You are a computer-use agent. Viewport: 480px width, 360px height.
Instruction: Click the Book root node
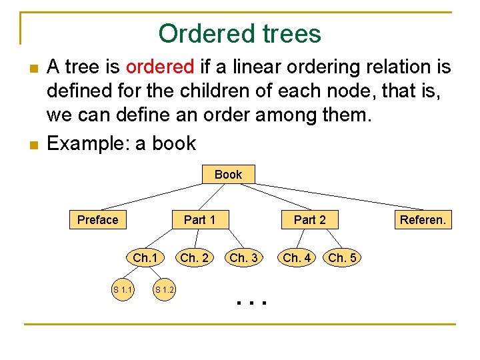point(228,175)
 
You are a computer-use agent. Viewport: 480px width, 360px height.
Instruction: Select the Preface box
point(97,220)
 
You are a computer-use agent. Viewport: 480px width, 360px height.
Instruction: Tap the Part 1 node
point(199,220)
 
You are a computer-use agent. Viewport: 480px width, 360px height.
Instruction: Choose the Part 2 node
point(310,220)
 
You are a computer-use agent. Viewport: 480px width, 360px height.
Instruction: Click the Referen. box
point(423,220)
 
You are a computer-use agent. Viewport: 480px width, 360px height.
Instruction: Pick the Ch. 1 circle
point(145,258)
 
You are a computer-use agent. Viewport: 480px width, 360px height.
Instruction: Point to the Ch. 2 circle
point(194,258)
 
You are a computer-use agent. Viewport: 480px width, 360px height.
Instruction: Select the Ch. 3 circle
point(243,258)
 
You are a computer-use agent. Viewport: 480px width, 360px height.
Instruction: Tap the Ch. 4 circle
point(297,258)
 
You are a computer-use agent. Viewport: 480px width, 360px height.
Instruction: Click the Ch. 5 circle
point(342,258)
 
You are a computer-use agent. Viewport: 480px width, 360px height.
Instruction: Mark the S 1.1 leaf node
point(123,289)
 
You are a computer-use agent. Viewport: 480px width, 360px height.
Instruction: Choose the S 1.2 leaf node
point(164,289)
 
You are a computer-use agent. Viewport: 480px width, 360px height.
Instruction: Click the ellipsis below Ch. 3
point(251,303)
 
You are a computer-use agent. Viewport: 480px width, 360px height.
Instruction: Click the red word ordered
point(159,67)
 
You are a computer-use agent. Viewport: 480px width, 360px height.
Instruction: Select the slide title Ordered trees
point(239,33)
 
